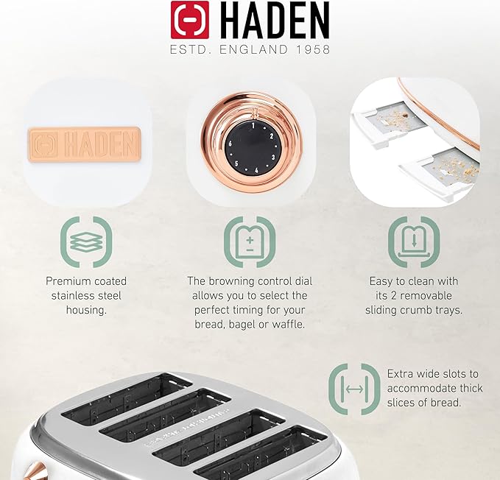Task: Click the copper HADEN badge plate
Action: point(83,143)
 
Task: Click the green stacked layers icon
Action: point(85,241)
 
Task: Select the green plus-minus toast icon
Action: point(250,241)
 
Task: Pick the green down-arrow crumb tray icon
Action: point(415,241)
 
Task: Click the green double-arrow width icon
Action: point(354,389)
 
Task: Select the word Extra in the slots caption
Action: point(401,373)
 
